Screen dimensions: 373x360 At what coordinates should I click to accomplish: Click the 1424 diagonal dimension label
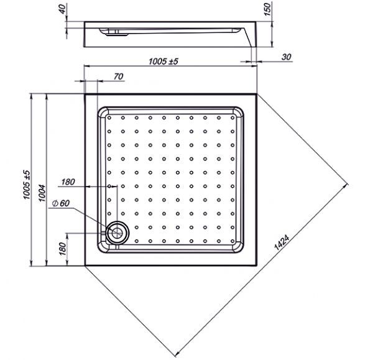click(x=282, y=242)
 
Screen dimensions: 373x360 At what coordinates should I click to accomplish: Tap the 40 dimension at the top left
click(x=62, y=9)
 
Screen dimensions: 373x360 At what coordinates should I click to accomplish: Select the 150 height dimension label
click(x=267, y=9)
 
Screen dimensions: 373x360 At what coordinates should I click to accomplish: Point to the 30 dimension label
click(x=287, y=57)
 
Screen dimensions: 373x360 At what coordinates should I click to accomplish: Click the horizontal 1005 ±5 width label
click(x=163, y=62)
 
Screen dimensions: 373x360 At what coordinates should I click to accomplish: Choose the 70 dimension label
click(x=118, y=76)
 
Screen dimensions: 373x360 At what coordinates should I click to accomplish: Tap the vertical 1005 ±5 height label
click(x=27, y=185)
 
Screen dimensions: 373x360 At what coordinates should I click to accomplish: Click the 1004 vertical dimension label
click(x=42, y=193)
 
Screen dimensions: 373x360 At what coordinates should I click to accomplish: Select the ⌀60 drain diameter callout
click(x=61, y=203)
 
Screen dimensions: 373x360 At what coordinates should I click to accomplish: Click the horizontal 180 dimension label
click(x=68, y=182)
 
